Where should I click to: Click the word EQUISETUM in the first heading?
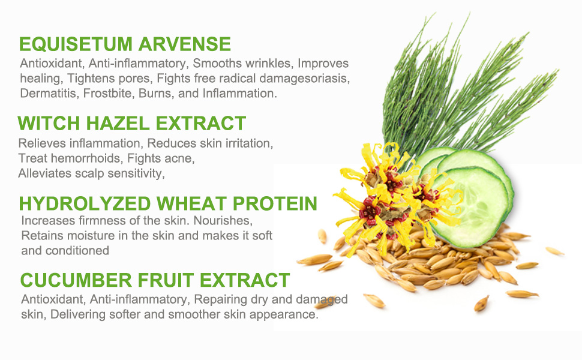(76, 44)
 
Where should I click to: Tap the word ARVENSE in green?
(185, 44)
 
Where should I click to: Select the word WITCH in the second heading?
(49, 123)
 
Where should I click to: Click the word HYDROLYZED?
(85, 203)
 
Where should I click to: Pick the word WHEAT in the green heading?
(191, 203)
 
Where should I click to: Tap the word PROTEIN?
(275, 203)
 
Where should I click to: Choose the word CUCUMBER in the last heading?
(76, 280)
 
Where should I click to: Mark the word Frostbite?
(107, 93)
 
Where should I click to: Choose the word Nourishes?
(223, 220)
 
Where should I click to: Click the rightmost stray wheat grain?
(554, 251)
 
